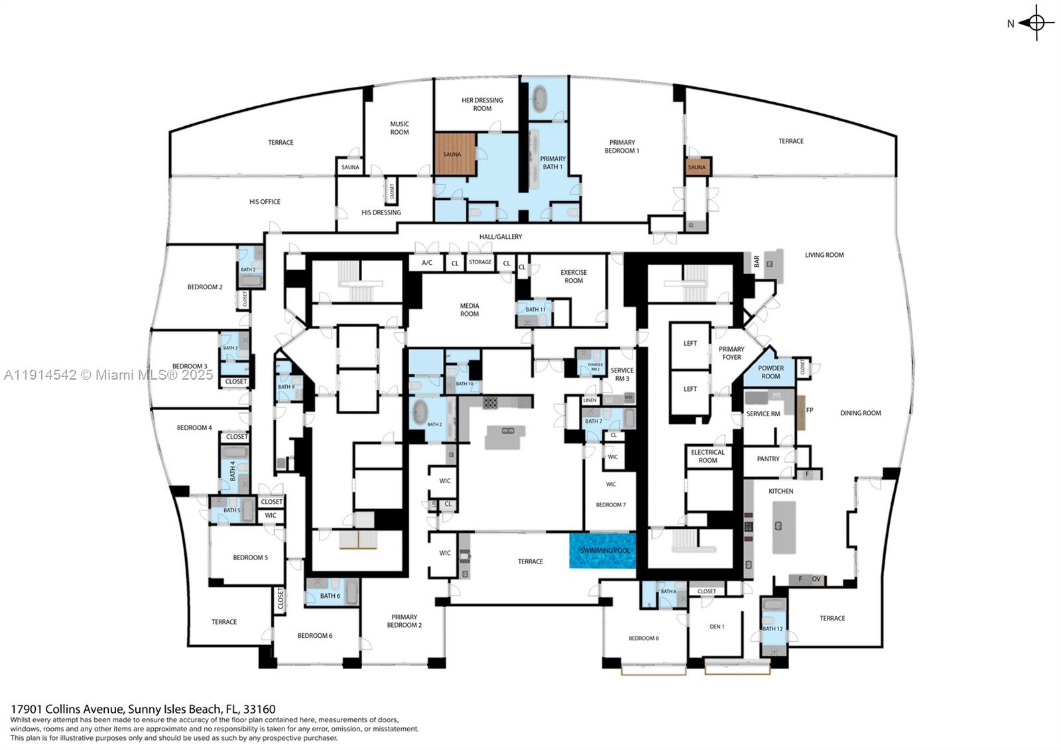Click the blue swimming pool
point(603,551)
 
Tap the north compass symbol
point(1036,23)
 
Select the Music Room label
point(399,128)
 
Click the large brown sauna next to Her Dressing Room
point(455,154)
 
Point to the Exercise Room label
point(573,276)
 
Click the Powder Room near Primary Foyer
point(770,372)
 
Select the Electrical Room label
point(708,456)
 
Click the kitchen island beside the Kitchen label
point(783,528)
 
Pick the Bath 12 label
point(772,629)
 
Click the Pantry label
point(768,459)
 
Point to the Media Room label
point(469,310)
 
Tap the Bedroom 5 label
point(250,558)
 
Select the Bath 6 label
point(330,596)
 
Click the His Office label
point(265,202)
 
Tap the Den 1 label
point(716,627)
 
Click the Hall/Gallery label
point(500,237)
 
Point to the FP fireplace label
point(809,410)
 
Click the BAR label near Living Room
point(756,262)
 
